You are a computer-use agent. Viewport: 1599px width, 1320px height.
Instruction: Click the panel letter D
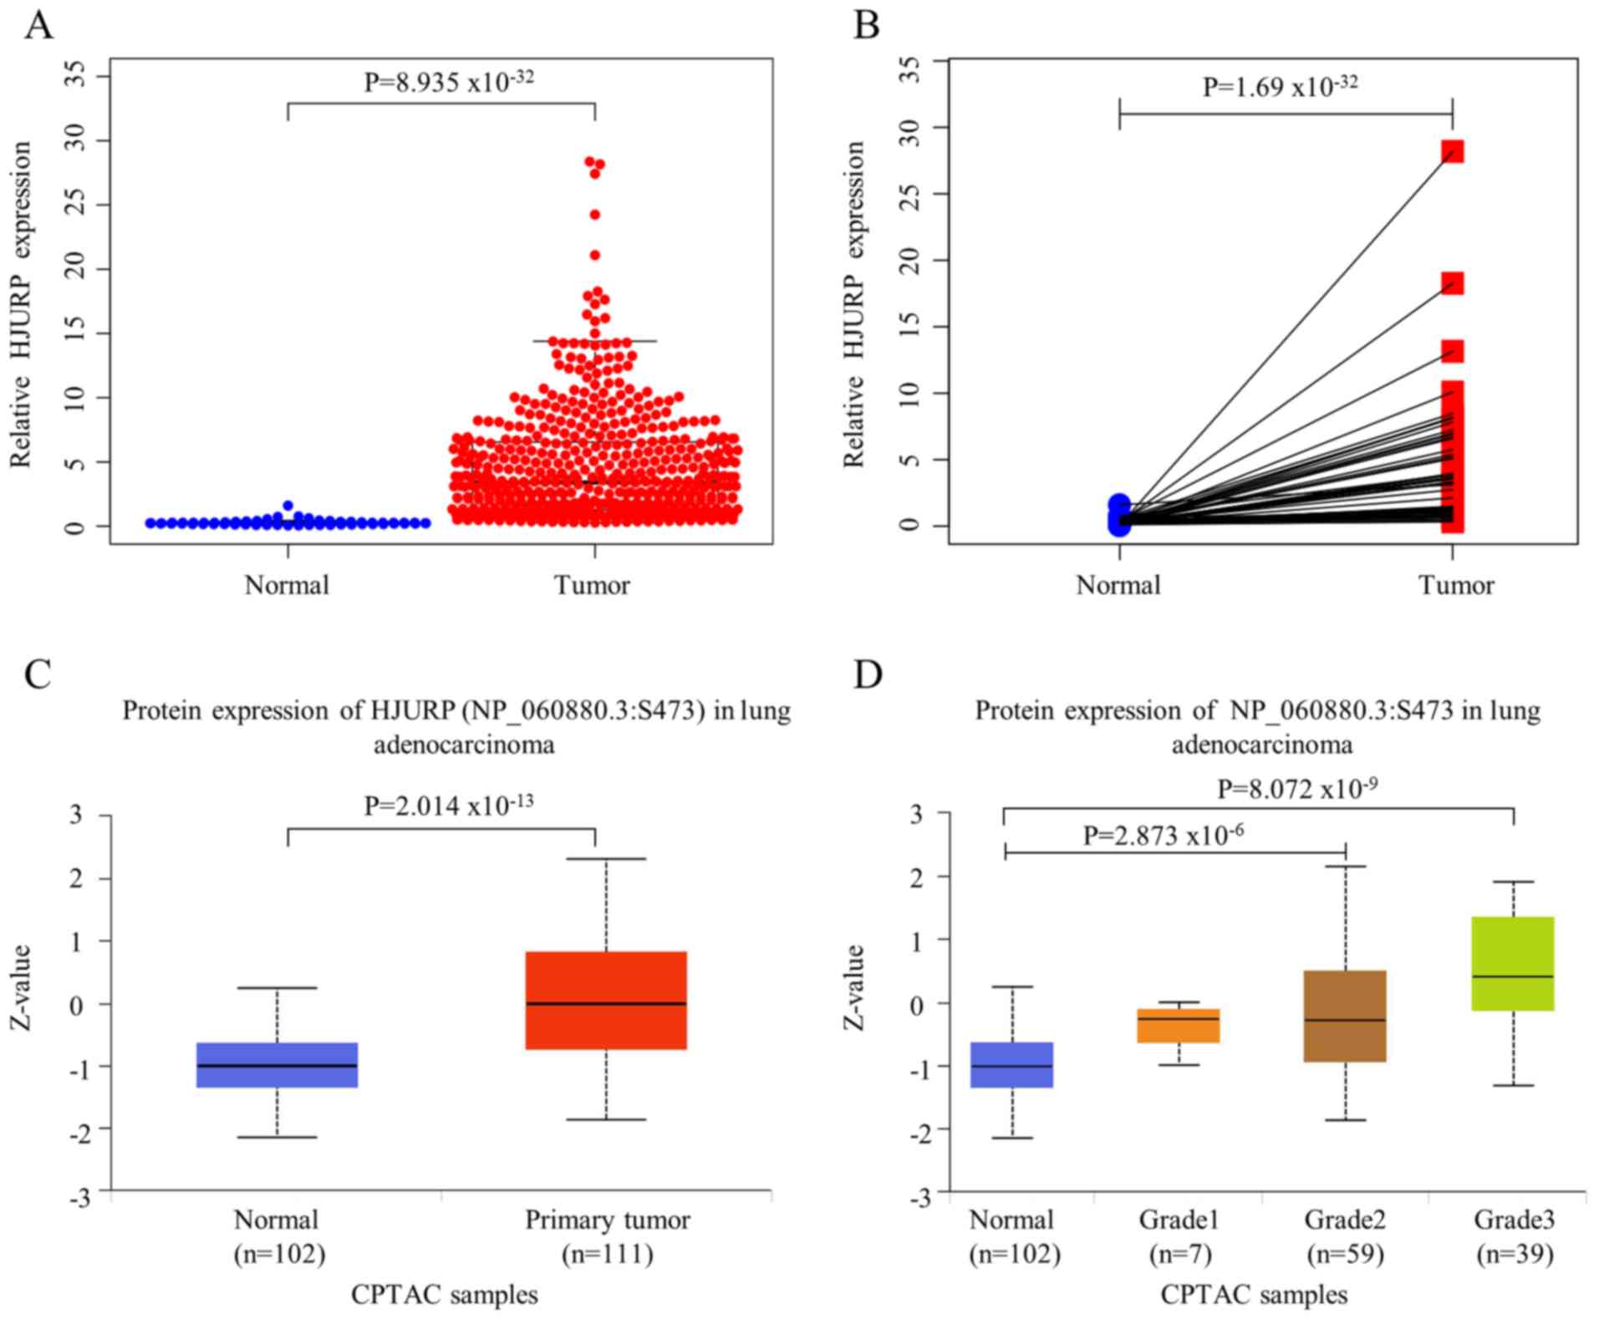coord(868,674)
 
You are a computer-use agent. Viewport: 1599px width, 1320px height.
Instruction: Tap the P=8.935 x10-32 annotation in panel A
coord(448,81)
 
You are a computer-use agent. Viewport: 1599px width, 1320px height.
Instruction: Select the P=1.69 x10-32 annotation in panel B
coord(1280,85)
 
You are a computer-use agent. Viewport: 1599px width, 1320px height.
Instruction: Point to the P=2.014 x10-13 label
coord(448,805)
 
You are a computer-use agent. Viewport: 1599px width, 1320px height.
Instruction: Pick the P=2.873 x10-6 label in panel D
coord(1163,834)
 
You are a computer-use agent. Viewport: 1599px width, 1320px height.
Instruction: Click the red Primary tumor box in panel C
coord(606,1000)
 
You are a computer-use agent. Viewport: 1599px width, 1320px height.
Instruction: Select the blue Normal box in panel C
coord(277,1065)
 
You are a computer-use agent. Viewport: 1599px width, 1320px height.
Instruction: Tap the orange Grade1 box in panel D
coord(1179,1026)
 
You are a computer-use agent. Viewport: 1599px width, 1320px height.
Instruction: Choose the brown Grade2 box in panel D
coord(1345,1016)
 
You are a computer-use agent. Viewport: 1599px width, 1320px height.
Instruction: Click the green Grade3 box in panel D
coord(1513,964)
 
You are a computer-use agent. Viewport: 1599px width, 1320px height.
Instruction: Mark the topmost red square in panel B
coord(1453,151)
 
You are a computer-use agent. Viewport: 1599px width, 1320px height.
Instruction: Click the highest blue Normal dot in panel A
coord(288,506)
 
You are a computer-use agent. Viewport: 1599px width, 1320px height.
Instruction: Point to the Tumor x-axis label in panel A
coord(592,584)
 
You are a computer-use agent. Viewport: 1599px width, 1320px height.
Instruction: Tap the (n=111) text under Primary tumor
coord(607,1254)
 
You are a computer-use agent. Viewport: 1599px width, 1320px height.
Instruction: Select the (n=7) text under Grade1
coord(1179,1254)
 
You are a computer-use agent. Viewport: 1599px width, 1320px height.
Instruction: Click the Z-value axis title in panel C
coord(20,986)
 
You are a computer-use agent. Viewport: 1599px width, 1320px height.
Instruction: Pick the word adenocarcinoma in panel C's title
coord(463,744)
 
